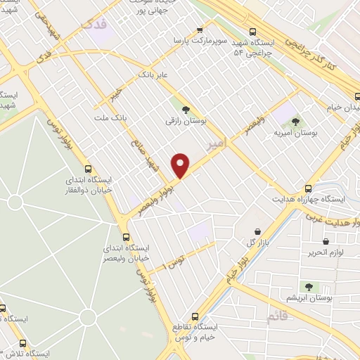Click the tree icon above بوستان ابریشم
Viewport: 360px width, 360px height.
point(307,286)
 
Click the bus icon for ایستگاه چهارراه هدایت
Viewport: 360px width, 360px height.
point(308,188)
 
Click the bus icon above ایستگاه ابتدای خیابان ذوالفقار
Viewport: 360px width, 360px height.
point(88,168)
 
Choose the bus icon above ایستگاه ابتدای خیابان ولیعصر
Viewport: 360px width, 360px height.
point(127,237)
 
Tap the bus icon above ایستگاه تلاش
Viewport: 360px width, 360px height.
point(23,344)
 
